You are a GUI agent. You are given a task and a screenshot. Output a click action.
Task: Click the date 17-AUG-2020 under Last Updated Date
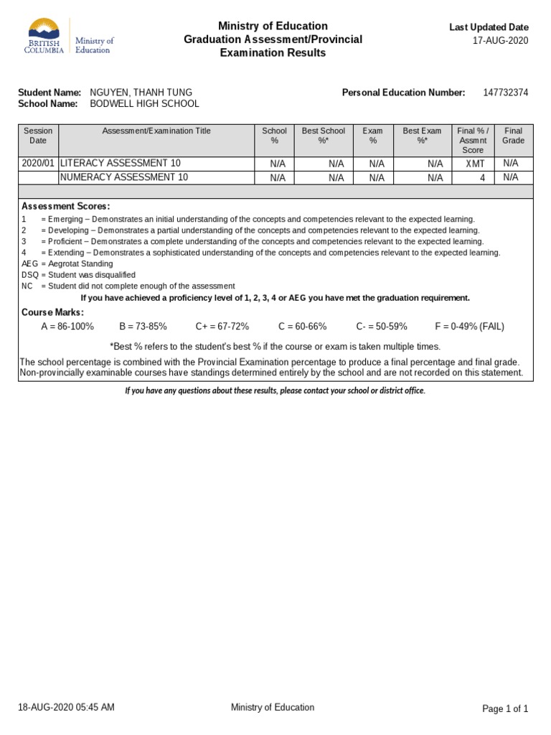[500, 41]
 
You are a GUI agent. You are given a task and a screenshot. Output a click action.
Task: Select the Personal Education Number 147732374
[505, 93]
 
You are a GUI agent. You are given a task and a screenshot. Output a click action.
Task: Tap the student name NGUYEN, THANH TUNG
[141, 93]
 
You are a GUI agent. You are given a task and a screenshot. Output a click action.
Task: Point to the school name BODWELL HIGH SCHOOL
[144, 104]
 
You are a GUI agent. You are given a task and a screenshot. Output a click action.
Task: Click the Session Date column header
[38, 136]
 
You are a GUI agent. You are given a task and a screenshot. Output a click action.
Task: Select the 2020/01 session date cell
[38, 164]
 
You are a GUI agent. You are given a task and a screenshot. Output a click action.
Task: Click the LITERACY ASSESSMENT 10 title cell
[120, 164]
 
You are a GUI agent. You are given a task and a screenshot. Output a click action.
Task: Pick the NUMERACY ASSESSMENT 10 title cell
[123, 177]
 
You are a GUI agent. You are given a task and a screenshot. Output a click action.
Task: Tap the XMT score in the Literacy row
[475, 164]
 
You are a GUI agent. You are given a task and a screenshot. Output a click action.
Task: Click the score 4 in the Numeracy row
[482, 177]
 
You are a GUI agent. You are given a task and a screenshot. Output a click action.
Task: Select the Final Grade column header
[513, 136]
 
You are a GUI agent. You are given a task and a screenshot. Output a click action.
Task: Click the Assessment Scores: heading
[65, 206]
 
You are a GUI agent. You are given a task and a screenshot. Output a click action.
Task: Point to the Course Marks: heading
[52, 312]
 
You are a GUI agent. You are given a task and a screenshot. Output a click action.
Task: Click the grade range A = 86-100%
[67, 327]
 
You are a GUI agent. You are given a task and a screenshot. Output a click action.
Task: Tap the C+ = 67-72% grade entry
[222, 327]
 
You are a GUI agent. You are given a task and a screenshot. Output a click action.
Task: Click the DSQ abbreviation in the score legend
[30, 275]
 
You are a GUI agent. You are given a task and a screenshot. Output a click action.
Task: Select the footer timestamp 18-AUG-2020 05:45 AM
[66, 707]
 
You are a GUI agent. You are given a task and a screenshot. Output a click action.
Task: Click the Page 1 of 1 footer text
[505, 708]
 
